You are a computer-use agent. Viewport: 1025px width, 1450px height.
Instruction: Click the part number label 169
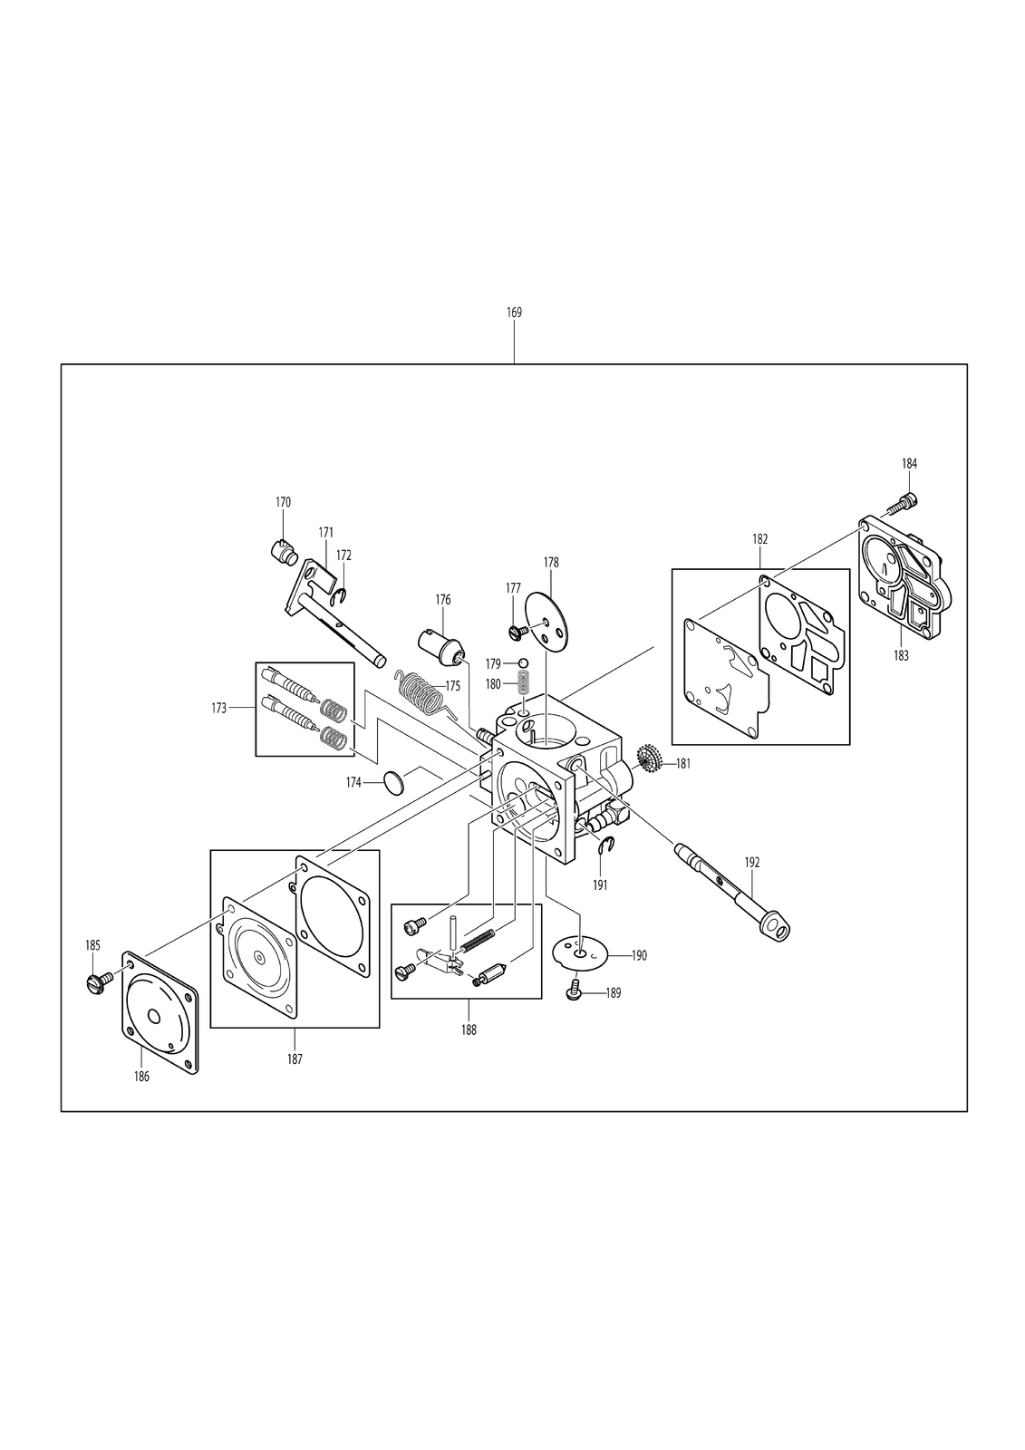[514, 312]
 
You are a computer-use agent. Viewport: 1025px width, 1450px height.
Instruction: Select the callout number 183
[901, 656]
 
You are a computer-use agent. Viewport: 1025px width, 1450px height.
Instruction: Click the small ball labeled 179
[523, 662]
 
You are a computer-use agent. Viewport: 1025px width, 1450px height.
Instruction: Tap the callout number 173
[218, 708]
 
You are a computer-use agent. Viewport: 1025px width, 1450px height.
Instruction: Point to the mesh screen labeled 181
[650, 762]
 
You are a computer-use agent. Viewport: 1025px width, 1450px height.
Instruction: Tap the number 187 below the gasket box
[295, 1059]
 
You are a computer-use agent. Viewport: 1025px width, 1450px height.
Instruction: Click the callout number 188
[469, 1029]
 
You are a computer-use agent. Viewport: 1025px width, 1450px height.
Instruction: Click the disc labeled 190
[581, 953]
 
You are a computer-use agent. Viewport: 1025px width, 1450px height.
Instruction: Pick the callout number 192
[751, 862]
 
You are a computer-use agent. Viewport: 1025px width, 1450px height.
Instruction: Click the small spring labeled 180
[525, 683]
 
